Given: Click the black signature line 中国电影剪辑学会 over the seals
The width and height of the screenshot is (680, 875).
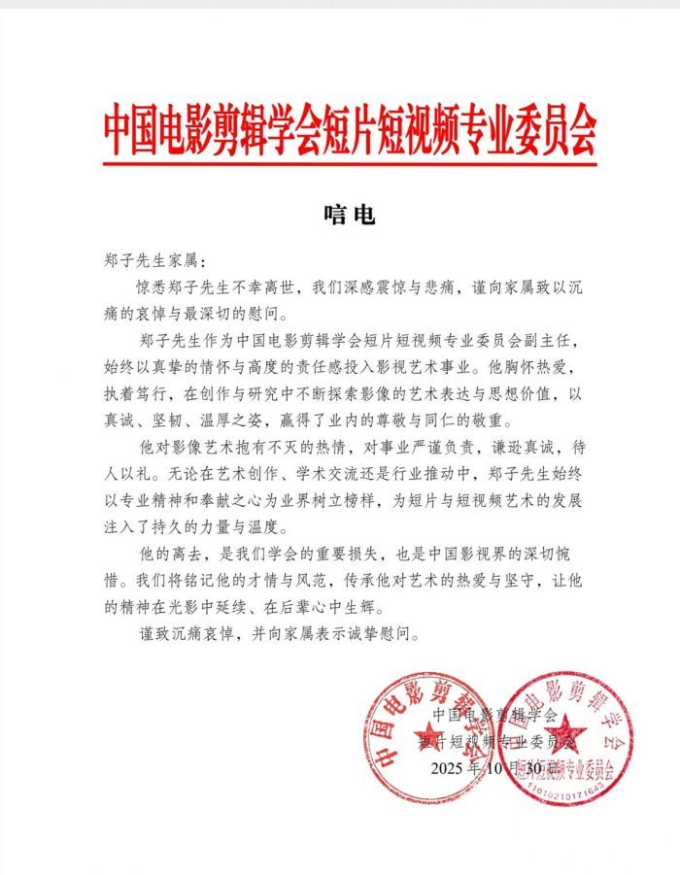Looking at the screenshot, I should (494, 716).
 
